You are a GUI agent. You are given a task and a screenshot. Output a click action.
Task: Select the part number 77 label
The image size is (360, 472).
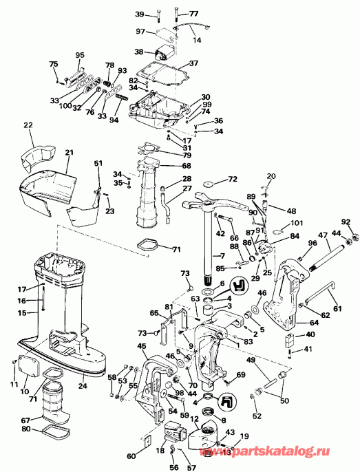tap(193, 14)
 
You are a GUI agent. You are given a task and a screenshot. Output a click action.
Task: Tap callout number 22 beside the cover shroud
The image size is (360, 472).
tap(28, 125)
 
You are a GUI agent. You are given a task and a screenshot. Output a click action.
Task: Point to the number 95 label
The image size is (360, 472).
tap(79, 55)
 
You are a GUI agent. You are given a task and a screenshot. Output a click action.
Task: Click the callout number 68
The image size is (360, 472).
tap(187, 165)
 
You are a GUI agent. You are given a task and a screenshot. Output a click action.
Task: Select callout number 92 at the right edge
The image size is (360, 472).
tap(346, 222)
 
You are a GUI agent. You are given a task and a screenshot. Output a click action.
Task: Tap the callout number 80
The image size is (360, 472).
tap(25, 430)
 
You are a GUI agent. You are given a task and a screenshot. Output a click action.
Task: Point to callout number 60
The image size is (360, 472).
tap(131, 455)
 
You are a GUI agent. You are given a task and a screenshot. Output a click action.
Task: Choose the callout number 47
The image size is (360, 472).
tap(321, 235)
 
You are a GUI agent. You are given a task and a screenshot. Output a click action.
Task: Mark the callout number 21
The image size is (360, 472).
tap(70, 152)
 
